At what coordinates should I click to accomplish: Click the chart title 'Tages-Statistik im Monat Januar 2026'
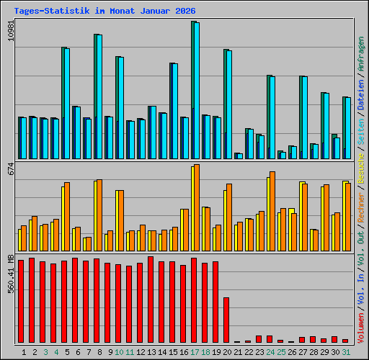pyautogui.click(x=105, y=12)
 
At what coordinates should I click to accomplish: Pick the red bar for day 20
pyautogui.click(x=226, y=320)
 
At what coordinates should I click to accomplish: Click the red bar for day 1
pyautogui.click(x=21, y=301)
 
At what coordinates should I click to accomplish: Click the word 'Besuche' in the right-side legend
pyautogui.click(x=361, y=165)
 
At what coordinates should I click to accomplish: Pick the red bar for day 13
pyautogui.click(x=151, y=300)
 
